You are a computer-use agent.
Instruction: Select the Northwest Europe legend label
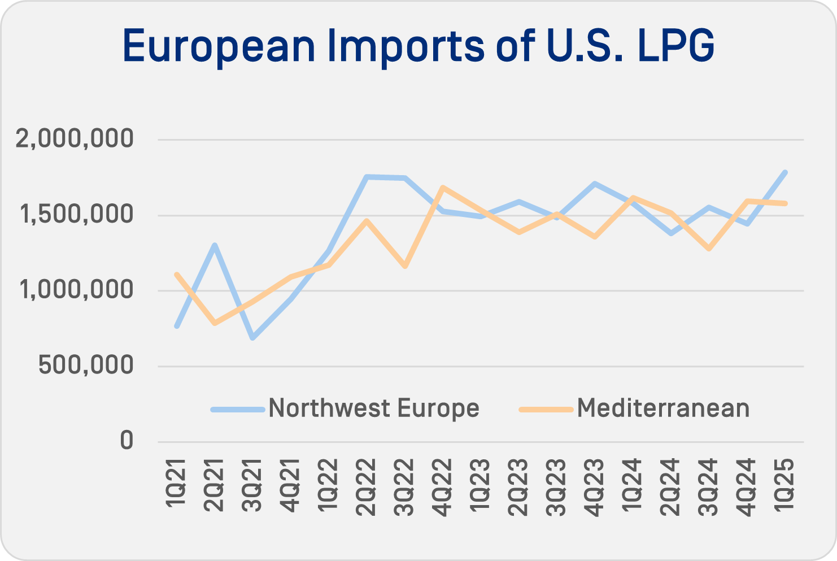pyautogui.click(x=373, y=408)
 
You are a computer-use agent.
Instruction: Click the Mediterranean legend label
pyautogui.click(x=663, y=408)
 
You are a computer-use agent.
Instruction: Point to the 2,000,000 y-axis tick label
pyautogui.click(x=75, y=139)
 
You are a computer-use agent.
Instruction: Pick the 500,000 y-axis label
pyautogui.click(x=86, y=366)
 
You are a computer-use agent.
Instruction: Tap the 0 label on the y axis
pyautogui.click(x=127, y=441)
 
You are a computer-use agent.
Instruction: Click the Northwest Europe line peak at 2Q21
pyautogui.click(x=215, y=245)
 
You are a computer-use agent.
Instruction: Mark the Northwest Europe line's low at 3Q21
pyautogui.click(x=252, y=338)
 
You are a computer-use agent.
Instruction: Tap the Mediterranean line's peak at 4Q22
pyautogui.click(x=443, y=187)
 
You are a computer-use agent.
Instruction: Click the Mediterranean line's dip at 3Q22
pyautogui.click(x=405, y=266)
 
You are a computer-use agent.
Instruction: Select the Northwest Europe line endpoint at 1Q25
pyautogui.click(x=785, y=172)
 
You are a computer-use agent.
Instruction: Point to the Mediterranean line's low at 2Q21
pyautogui.click(x=215, y=323)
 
